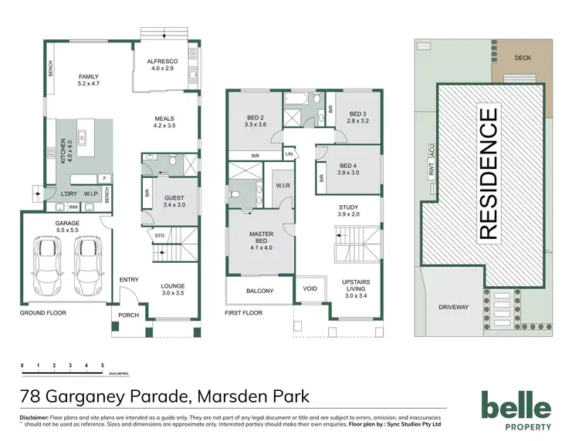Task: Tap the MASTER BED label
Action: [261, 236]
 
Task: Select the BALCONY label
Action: [259, 291]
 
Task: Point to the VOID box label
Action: [310, 290]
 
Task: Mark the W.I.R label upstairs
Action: [282, 186]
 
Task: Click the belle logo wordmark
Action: [516, 406]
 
